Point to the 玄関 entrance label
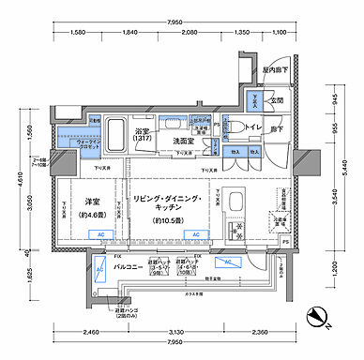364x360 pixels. pos(277,100)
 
